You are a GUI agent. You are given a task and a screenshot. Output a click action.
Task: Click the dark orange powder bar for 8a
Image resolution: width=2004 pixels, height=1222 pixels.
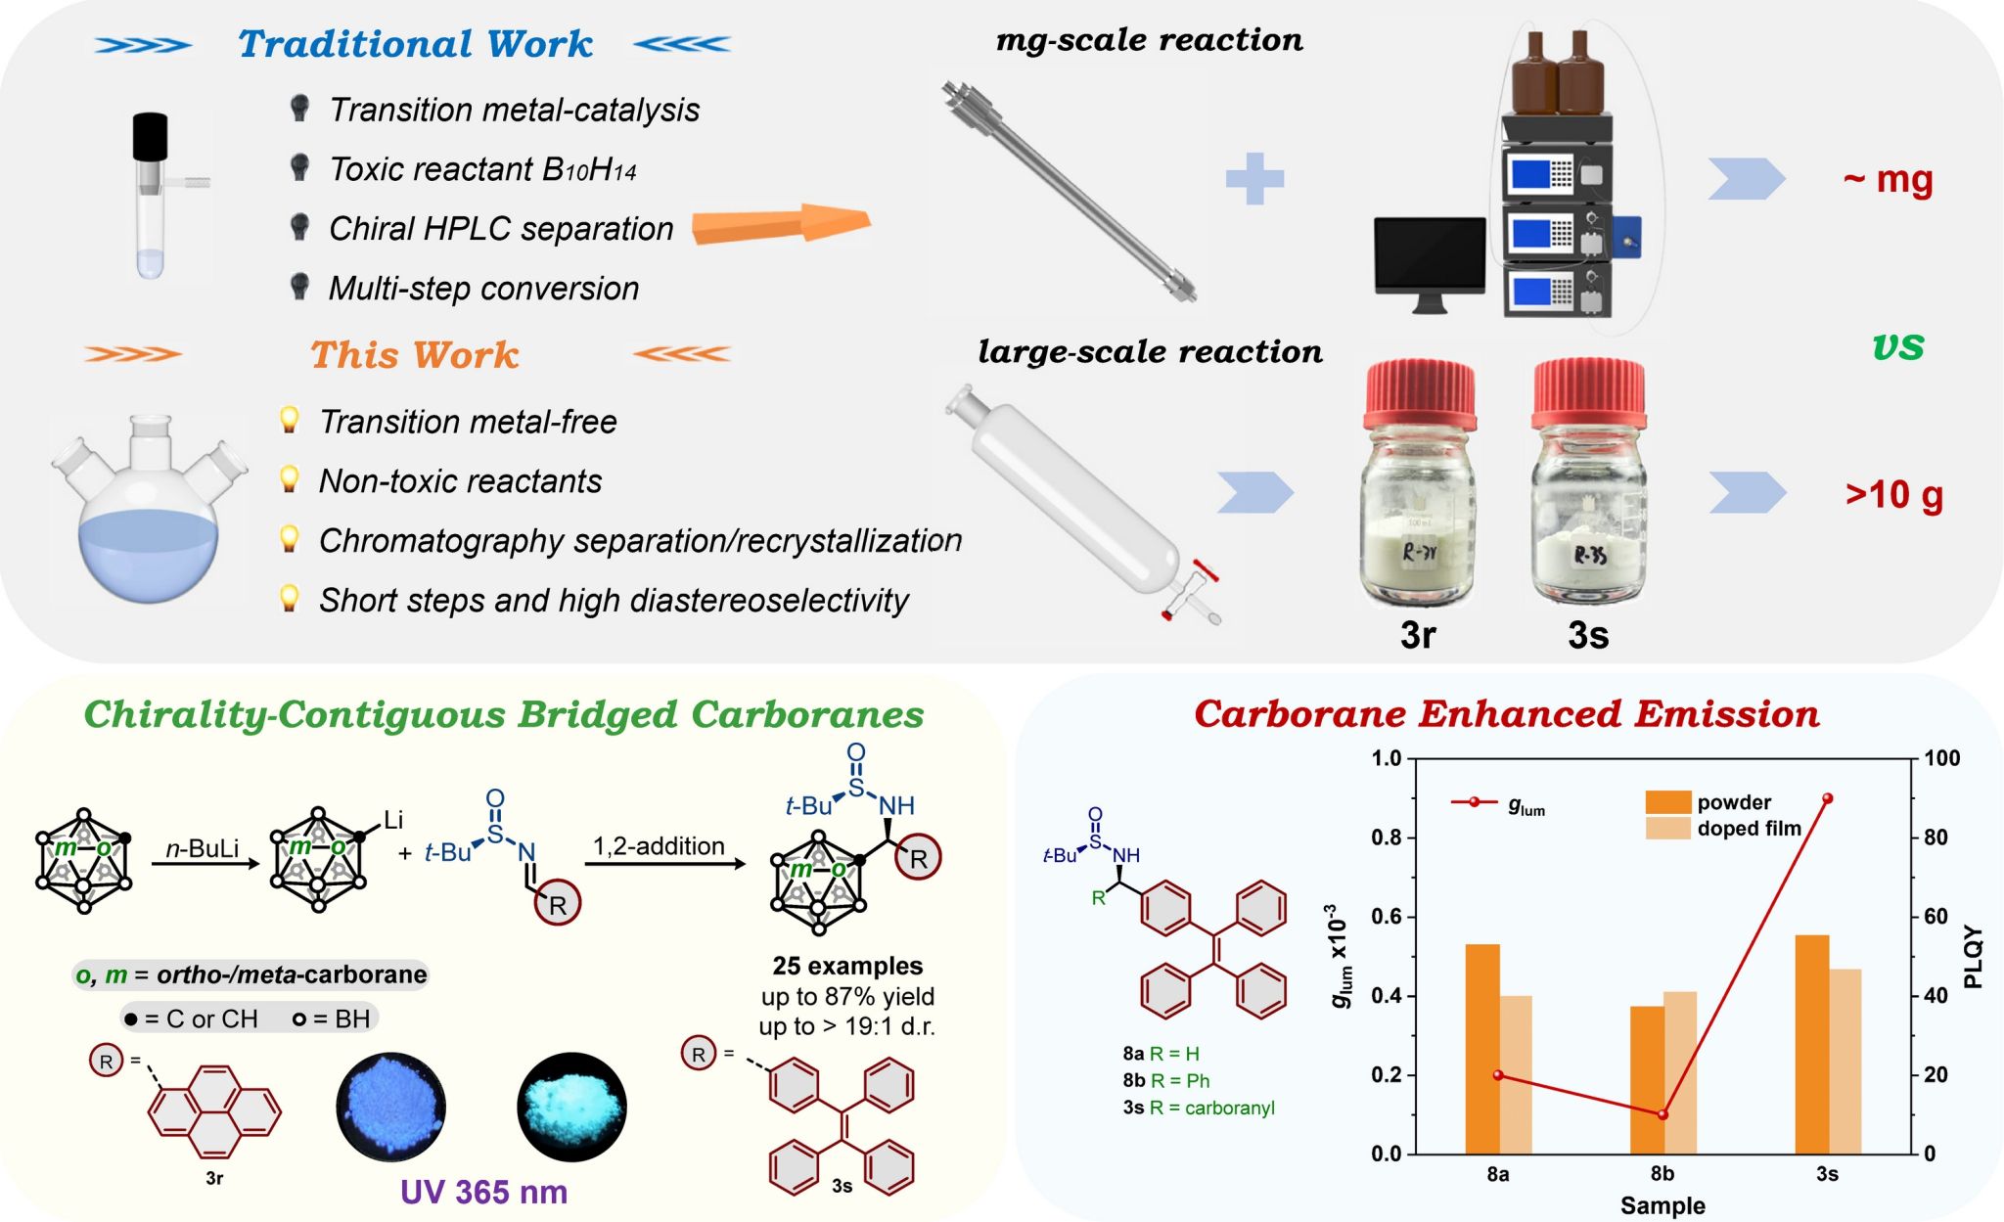1481,1049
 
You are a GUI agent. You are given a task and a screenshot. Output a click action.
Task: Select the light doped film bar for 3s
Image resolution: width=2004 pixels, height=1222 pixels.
1845,1062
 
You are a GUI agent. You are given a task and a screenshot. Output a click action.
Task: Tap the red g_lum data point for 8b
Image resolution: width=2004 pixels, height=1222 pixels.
1662,1114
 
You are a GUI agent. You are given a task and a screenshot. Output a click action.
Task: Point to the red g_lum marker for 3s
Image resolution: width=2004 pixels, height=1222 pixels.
1827,798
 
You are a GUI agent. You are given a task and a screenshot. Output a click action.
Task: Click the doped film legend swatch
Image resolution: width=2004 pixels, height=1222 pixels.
1667,829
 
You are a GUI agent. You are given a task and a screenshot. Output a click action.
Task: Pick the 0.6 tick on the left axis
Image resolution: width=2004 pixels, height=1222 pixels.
1387,917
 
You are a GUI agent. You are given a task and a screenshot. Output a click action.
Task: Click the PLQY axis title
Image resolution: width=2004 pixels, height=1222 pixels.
1973,956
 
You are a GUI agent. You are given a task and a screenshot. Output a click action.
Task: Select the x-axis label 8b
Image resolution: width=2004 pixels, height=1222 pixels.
1662,1174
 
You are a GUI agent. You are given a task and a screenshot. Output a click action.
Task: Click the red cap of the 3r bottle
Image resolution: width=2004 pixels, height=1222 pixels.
1420,393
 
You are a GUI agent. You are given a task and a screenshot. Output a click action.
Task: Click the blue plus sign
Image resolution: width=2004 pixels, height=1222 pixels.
1254,178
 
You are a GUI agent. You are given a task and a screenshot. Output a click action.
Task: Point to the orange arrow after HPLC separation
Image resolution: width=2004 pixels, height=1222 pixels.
781,224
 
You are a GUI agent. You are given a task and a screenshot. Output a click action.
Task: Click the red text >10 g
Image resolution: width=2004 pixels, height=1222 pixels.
1894,494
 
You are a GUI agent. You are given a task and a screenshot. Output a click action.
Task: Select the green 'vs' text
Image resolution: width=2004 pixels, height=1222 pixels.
1898,345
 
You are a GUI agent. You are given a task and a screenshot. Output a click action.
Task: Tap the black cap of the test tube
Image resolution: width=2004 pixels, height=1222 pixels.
150,136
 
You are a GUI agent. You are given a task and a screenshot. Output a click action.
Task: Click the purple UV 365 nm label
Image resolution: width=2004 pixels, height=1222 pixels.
483,1192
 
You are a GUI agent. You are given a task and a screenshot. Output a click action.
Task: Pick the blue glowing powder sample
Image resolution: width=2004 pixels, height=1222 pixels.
391,1107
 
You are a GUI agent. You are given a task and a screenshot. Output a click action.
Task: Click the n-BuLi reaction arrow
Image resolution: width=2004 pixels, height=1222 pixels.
205,863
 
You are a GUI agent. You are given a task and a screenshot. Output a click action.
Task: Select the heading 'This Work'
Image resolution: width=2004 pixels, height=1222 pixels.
414,354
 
